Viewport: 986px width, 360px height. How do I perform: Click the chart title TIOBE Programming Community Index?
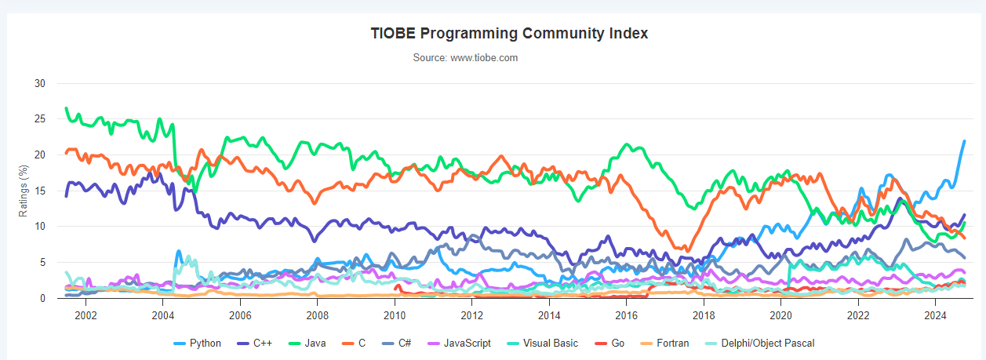509,34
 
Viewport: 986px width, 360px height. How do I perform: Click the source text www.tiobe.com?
465,58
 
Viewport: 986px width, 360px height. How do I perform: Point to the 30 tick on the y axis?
41,83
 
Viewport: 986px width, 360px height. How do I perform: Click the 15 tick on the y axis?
41,191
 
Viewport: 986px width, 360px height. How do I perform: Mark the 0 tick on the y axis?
43,298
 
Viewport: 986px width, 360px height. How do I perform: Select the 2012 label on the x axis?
471,315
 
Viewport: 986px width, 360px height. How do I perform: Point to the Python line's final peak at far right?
964,141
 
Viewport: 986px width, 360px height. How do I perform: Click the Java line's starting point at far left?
67,108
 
